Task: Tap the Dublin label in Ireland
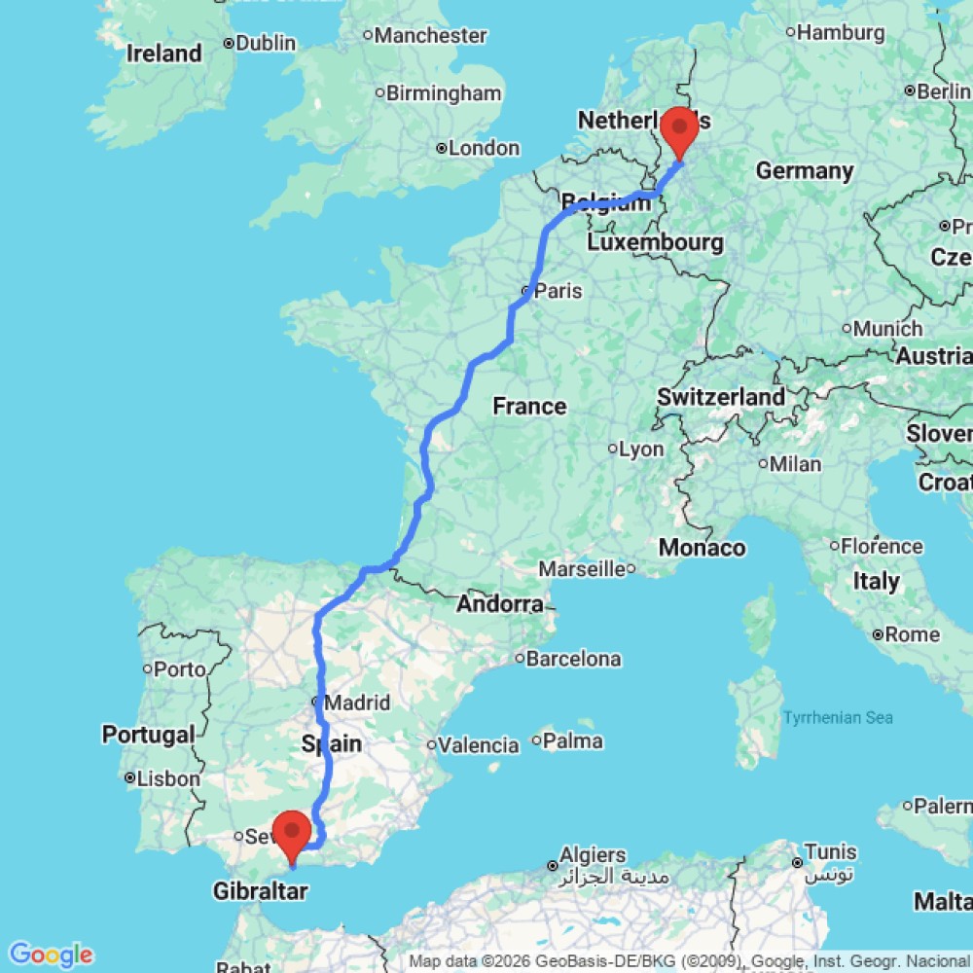coord(265,43)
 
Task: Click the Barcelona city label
coord(573,659)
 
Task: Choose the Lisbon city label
coord(168,778)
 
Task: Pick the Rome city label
coord(912,634)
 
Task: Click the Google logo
coord(50,955)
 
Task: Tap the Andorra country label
coord(500,604)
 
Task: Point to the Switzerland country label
coord(720,397)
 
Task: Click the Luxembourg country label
coord(654,241)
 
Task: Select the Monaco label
coord(702,548)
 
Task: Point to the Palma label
coord(573,741)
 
